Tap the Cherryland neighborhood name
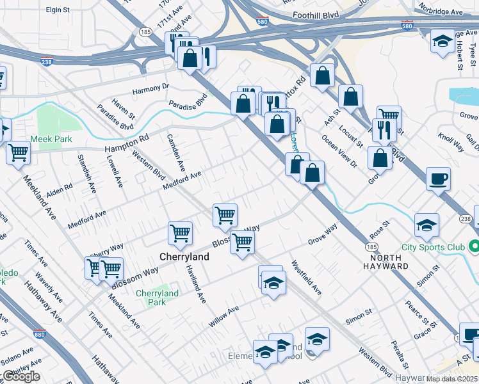point(184,257)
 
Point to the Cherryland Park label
point(157,298)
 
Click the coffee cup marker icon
point(438,179)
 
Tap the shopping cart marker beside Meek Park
point(19,153)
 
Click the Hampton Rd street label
point(126,143)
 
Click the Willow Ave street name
point(223,316)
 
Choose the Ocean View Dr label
point(339,151)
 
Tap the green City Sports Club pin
point(474,246)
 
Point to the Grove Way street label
point(322,235)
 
